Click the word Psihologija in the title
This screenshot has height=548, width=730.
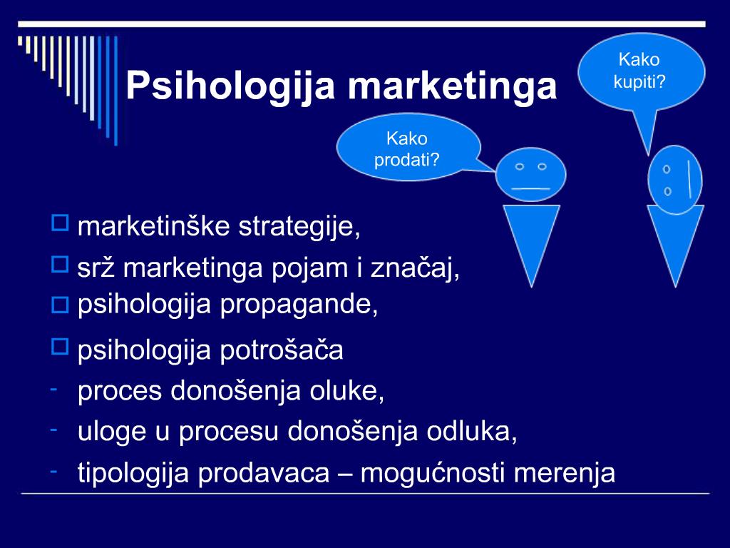(230, 86)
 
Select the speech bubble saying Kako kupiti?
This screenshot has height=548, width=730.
(642, 72)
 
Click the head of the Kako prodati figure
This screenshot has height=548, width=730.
(530, 174)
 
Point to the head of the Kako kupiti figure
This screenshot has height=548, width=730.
(675, 180)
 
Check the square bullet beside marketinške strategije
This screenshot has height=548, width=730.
(60, 223)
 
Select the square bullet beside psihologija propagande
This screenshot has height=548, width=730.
(60, 305)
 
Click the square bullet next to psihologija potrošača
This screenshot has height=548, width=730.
(60, 347)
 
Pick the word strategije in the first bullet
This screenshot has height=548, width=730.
(299, 228)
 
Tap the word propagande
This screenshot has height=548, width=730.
(299, 305)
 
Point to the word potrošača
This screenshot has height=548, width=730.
(281, 350)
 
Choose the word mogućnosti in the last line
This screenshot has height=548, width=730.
(433, 473)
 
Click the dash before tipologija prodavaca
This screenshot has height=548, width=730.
(54, 471)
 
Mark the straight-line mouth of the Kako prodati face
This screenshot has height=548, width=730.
(530, 188)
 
